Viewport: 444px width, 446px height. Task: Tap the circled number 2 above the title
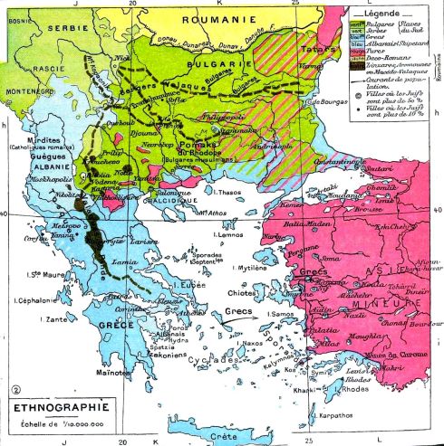point(14,391)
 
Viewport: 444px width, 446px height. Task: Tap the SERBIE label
point(29,28)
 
